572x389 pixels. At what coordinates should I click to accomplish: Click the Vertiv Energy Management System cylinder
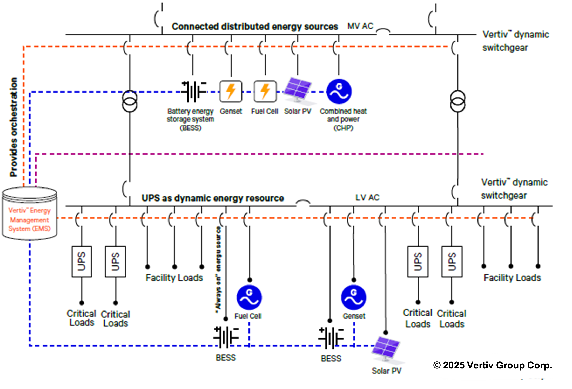click(29, 213)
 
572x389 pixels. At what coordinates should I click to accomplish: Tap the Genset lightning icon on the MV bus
click(231, 91)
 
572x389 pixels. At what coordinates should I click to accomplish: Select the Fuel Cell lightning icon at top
click(265, 91)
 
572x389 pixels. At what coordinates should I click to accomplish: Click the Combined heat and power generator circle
click(339, 91)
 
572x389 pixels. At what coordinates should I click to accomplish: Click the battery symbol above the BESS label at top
click(193, 92)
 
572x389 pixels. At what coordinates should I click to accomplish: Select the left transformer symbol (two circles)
click(130, 101)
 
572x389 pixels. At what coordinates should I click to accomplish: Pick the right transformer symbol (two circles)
click(457, 101)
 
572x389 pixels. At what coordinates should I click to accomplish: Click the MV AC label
click(360, 26)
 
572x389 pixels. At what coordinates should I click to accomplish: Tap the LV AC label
click(367, 197)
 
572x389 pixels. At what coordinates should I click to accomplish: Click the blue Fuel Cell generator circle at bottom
click(249, 297)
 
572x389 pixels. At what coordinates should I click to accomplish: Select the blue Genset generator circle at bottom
click(353, 297)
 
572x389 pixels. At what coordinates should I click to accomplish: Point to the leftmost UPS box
click(82, 262)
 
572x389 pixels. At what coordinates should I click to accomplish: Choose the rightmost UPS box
click(452, 262)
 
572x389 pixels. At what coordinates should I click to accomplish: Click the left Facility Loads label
click(174, 278)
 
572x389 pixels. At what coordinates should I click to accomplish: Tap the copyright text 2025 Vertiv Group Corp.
click(493, 365)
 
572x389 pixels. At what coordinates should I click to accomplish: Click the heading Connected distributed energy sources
click(255, 27)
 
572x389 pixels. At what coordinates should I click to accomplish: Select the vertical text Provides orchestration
click(14, 127)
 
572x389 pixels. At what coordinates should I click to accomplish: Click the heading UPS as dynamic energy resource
click(213, 198)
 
